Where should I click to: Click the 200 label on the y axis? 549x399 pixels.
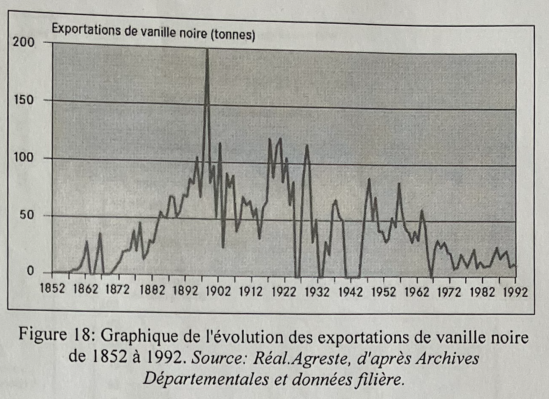coord(23,42)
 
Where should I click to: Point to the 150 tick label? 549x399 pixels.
coord(24,100)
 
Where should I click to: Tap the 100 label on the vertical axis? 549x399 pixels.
coord(24,158)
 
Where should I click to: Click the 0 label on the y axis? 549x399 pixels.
coord(30,271)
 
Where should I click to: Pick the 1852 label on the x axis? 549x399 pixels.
coord(53,289)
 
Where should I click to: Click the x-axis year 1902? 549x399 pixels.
coord(218,292)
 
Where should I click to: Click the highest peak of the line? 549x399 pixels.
coord(207,50)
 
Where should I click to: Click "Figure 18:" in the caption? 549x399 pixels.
coord(55,335)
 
